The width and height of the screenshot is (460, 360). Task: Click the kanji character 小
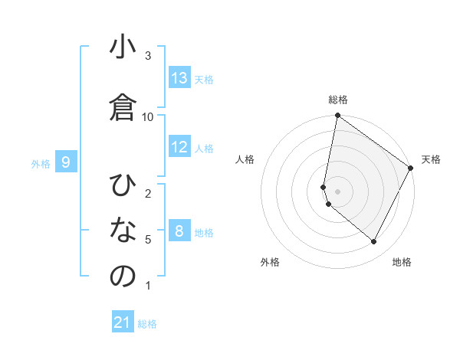123,49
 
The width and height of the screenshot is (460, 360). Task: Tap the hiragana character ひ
123,186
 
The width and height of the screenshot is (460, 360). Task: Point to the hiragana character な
123,231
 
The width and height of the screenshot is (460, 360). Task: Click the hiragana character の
123,276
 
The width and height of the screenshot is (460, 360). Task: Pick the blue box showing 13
179,78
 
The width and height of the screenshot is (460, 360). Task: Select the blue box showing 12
179,147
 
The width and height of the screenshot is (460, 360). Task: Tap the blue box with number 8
179,231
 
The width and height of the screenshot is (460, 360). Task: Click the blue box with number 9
66,162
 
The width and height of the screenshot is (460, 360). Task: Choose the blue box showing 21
123,322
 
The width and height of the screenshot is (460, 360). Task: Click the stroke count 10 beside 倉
148,116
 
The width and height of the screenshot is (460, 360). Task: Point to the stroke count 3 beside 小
148,56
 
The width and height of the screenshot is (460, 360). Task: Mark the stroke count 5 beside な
148,240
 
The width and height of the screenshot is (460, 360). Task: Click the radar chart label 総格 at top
338,100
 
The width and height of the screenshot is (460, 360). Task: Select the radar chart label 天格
431,159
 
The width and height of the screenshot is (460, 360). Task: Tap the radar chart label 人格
245,159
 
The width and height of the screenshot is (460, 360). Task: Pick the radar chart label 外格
270,262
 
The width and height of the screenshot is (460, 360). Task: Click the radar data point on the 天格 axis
412,168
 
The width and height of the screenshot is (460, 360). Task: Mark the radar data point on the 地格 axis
374,241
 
